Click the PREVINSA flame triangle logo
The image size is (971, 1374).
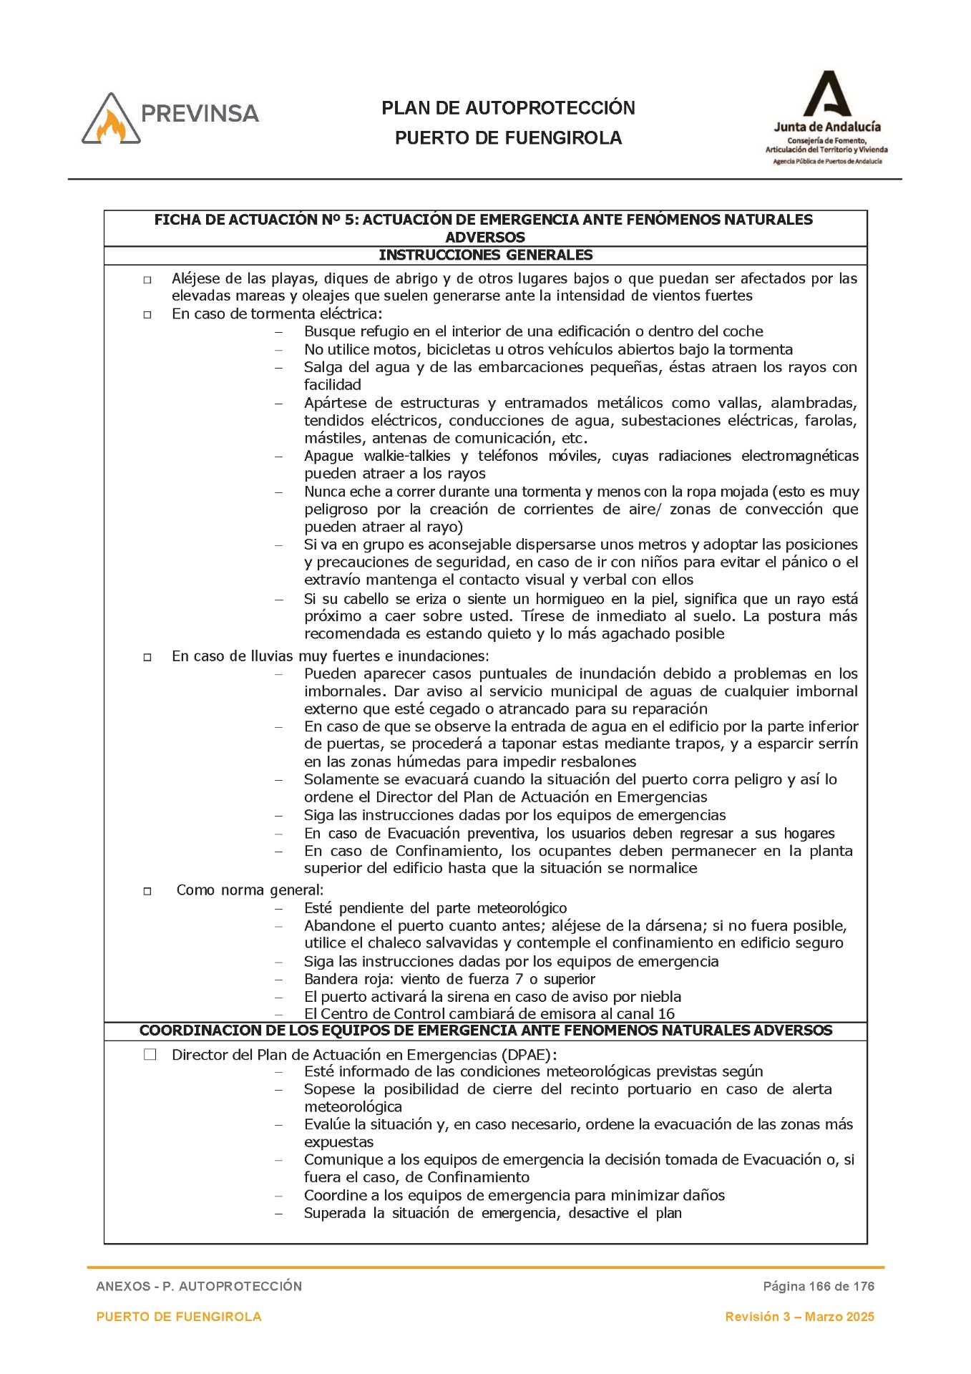pyautogui.click(x=111, y=120)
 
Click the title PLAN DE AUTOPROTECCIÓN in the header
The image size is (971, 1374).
pyautogui.click(x=508, y=108)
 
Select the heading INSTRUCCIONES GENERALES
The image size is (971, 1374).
pyautogui.click(x=485, y=255)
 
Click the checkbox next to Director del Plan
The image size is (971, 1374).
pyautogui.click(x=150, y=1054)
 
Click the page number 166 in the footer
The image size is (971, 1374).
pyautogui.click(x=819, y=1286)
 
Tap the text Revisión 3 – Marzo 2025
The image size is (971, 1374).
pyautogui.click(x=799, y=1317)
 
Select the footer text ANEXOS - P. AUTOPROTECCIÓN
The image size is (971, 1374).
pyautogui.click(x=199, y=1286)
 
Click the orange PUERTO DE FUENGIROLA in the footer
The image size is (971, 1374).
pyautogui.click(x=179, y=1317)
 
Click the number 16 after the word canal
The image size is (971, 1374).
pyautogui.click(x=666, y=1014)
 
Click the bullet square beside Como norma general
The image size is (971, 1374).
pyautogui.click(x=147, y=891)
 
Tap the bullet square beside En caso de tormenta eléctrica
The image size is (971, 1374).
pyautogui.click(x=147, y=314)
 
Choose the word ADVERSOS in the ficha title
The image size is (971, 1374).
pyautogui.click(x=485, y=238)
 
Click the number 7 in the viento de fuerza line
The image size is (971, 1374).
pyautogui.click(x=519, y=979)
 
